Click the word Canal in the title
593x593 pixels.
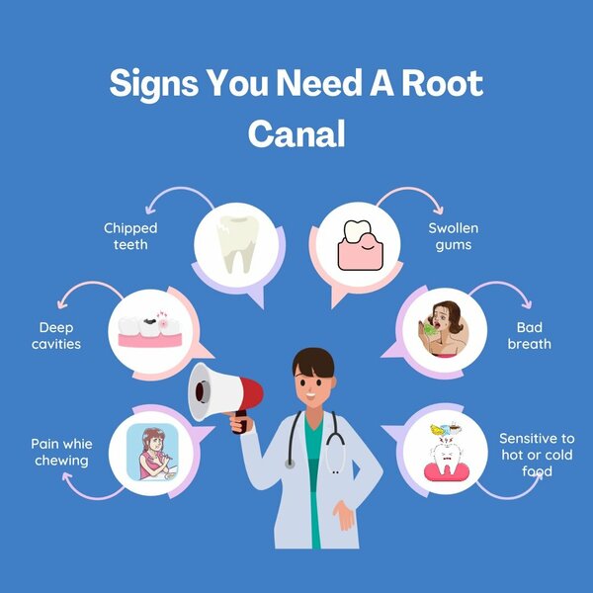coord(296,133)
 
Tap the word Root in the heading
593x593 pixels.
coord(442,83)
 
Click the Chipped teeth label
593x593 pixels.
coord(130,236)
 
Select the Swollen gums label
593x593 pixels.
coord(454,236)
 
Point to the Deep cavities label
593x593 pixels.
coord(56,335)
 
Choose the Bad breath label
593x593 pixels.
coord(529,335)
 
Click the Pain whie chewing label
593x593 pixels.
coord(61,453)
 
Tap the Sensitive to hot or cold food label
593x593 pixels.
coord(537,455)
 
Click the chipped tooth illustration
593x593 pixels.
coord(237,244)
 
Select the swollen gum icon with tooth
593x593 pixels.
coord(360,245)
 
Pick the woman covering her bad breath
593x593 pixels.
coord(444,329)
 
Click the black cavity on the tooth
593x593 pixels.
coord(150,321)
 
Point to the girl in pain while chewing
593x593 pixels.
coord(152,453)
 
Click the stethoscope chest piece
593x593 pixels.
coord(291,464)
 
